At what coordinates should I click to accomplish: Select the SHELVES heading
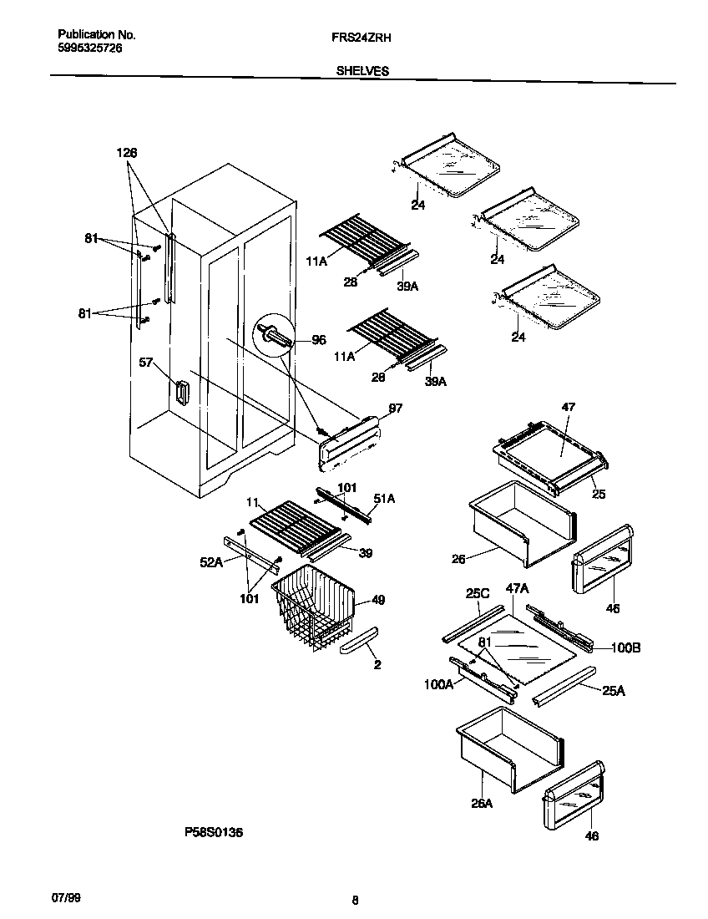(362, 72)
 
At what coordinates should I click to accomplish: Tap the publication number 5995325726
(89, 49)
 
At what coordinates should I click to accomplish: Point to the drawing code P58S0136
(214, 832)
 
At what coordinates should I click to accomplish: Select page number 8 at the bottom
(355, 900)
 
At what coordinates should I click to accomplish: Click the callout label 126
(126, 153)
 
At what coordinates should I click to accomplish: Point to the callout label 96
(318, 340)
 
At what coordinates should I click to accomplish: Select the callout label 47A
(518, 588)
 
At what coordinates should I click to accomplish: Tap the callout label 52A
(212, 563)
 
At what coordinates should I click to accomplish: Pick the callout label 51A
(384, 499)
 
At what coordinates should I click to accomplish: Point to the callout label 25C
(477, 592)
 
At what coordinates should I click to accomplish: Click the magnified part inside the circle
(276, 336)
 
